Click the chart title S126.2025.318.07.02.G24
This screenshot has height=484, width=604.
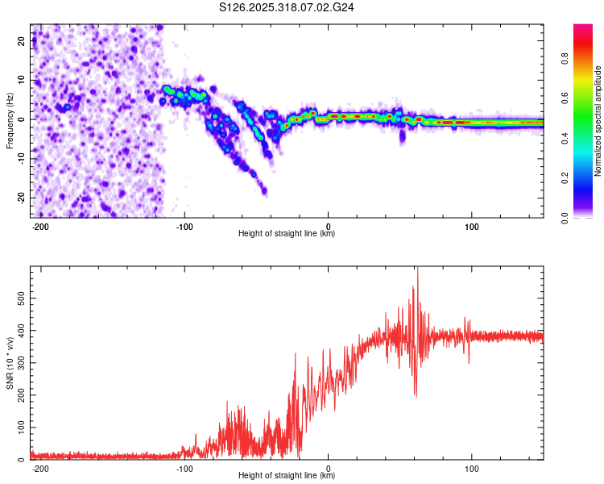288,7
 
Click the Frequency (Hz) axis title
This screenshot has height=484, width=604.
10,120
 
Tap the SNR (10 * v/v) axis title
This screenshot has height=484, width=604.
10,362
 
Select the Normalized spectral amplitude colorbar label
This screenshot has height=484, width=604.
598,122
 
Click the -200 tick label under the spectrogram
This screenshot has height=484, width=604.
41,225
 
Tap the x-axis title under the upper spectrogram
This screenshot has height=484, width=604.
287,234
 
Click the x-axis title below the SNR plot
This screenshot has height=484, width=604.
287,476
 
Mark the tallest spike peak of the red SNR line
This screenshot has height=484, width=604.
417,269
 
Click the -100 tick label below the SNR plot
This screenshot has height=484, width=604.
184,467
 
